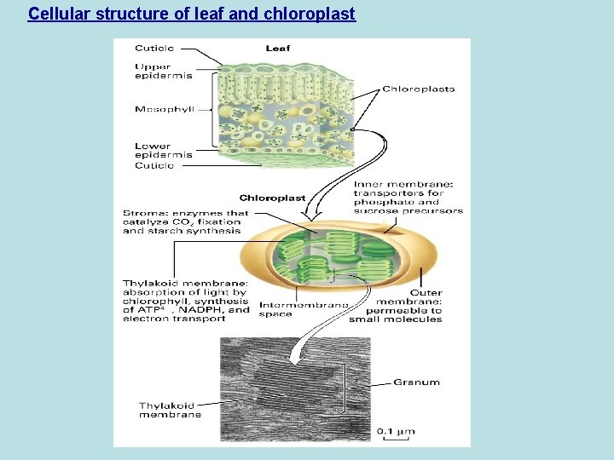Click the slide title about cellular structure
point(191,14)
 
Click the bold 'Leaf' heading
point(277,49)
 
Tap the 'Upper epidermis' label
point(163,71)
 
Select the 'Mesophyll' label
point(164,109)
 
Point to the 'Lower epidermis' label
point(163,150)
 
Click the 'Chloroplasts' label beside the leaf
point(418,89)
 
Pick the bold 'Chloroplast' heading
point(272,198)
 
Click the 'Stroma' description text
point(185,221)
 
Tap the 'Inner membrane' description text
point(408,197)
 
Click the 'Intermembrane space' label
point(303,309)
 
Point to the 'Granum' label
point(416,382)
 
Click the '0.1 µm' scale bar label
point(396,431)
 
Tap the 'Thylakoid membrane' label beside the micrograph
point(171,410)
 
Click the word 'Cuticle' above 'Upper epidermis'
point(153,49)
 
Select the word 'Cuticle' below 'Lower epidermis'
point(153,165)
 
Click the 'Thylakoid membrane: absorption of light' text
point(186,301)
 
